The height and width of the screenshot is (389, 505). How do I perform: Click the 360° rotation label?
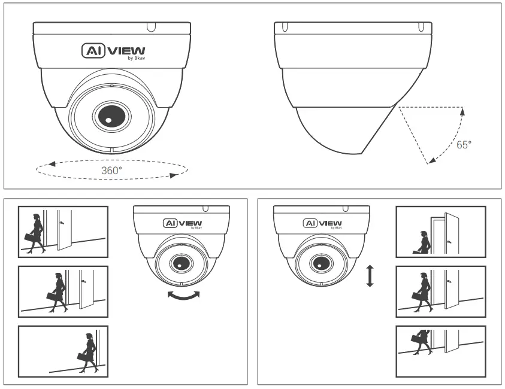click(x=112, y=170)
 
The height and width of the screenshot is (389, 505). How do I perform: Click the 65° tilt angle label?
click(x=464, y=145)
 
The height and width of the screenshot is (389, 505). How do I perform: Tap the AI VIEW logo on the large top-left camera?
click(x=113, y=52)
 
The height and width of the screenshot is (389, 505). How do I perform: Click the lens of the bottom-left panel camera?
click(x=179, y=262)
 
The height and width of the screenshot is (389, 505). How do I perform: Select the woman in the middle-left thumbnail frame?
click(x=58, y=291)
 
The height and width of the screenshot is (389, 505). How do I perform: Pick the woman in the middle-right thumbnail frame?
click(x=425, y=291)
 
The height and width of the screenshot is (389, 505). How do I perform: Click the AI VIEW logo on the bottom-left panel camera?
click(x=180, y=223)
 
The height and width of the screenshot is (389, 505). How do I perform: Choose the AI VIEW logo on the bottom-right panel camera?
click(x=320, y=223)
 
